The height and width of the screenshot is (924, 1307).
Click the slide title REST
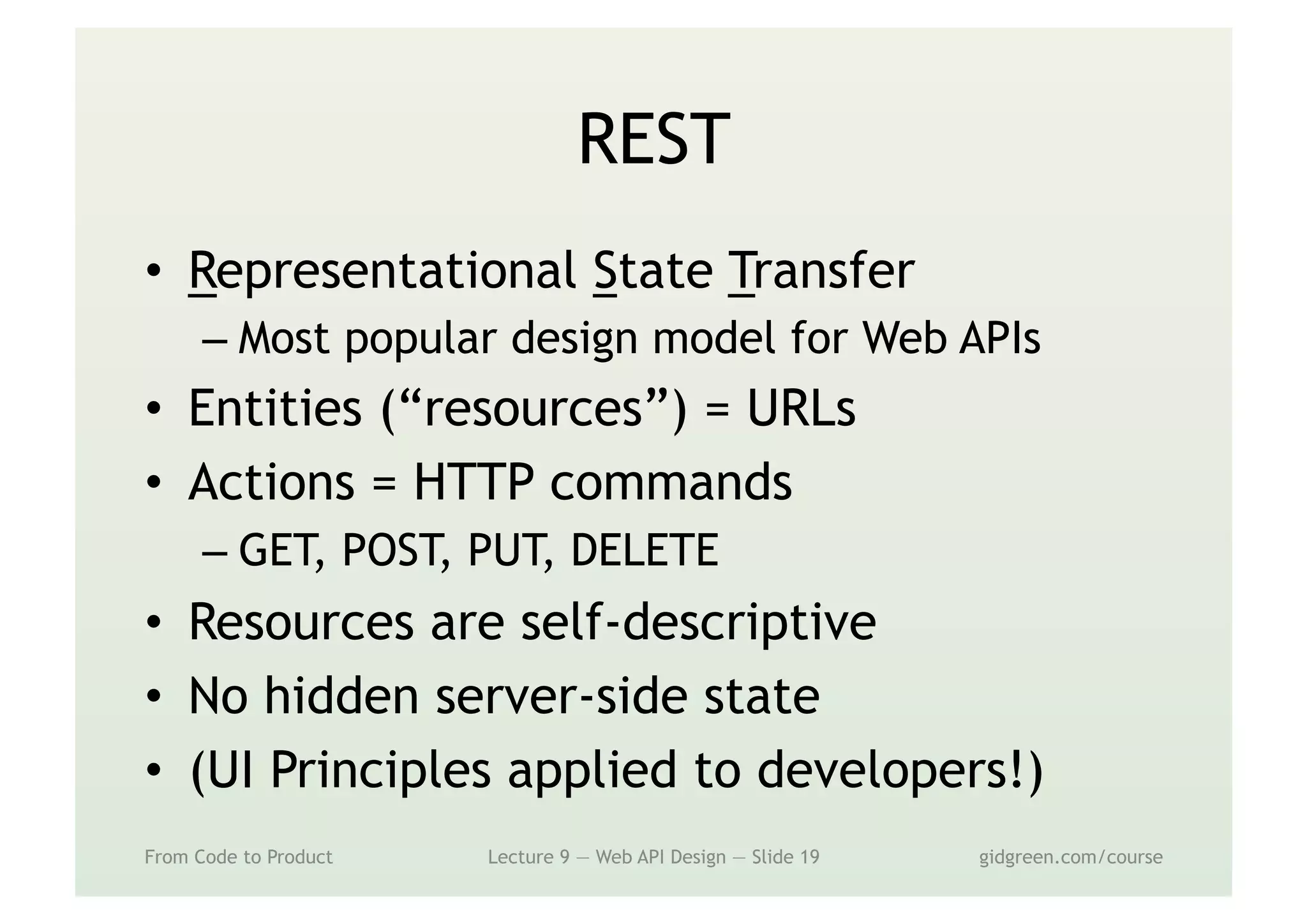pos(653,139)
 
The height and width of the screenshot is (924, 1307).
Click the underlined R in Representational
pos(202,272)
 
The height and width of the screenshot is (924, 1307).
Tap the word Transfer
pos(821,271)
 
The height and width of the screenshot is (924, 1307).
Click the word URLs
pos(801,409)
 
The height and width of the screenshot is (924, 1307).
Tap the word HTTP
pos(474,482)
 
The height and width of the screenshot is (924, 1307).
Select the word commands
pos(671,482)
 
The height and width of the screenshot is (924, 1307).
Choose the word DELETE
pos(644,550)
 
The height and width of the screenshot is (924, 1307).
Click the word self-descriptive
pos(699,623)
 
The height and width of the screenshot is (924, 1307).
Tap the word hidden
pos(341,696)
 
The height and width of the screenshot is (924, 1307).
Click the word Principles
pos(380,770)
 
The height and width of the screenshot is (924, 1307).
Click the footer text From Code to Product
pos(239,857)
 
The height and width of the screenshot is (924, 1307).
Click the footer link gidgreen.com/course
pos(1071,857)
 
